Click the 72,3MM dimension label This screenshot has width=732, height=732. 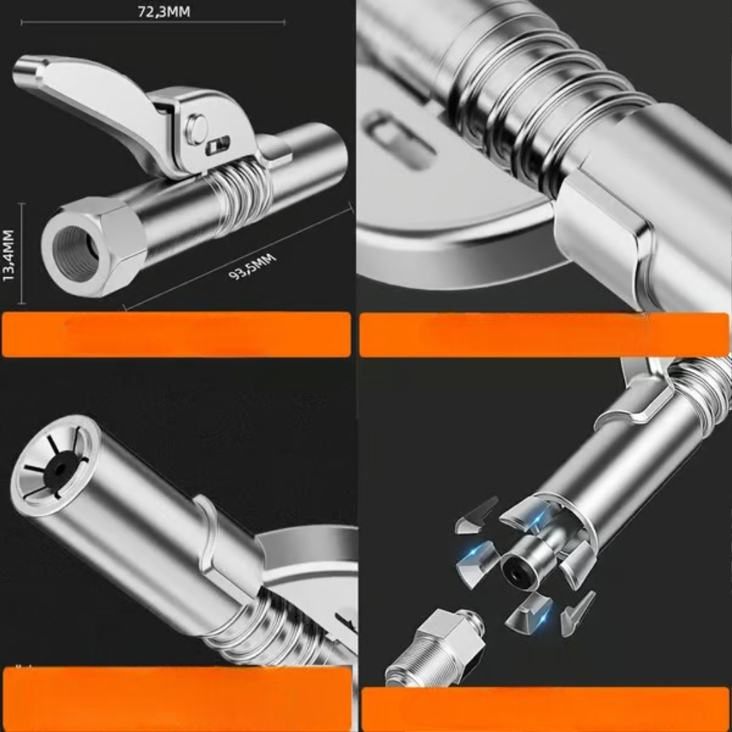click(x=164, y=12)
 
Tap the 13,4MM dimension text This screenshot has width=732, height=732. click(x=8, y=256)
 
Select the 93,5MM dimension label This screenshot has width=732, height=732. click(x=253, y=266)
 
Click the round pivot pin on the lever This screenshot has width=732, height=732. click(x=197, y=127)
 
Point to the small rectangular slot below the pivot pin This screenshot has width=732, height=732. click(x=218, y=146)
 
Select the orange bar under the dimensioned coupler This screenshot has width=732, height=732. click(x=176, y=334)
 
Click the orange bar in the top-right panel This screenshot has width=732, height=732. click(x=544, y=335)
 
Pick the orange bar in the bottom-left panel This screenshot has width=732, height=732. click(x=178, y=699)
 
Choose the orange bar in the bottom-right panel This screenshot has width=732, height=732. click(x=545, y=709)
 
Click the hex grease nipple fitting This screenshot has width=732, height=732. click(x=436, y=649)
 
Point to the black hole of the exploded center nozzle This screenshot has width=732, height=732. click(x=518, y=569)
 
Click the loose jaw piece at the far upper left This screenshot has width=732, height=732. click(x=476, y=515)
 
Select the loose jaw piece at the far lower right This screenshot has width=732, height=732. click(x=577, y=613)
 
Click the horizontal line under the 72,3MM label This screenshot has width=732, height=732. click(x=153, y=22)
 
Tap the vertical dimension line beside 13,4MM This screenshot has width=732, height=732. click(x=22, y=253)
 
